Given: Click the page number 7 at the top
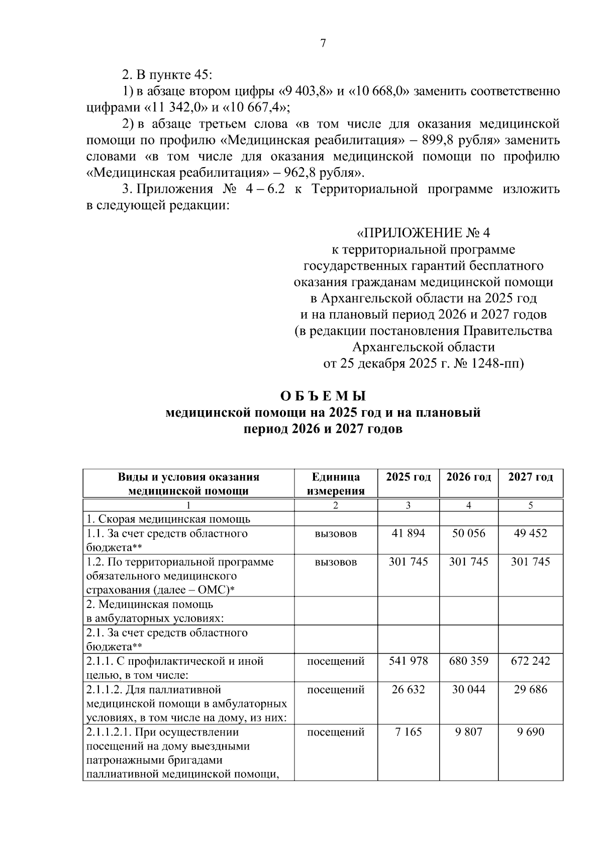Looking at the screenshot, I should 323,44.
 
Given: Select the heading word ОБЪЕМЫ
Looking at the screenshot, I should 323,396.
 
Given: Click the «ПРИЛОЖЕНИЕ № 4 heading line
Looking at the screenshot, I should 423,233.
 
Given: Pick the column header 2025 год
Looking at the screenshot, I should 408,477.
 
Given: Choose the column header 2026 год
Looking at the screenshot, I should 468,477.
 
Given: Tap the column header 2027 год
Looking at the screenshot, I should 530,477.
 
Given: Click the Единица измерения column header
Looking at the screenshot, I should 335,483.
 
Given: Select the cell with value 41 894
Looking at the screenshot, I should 408,533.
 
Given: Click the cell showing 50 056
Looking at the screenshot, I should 468,533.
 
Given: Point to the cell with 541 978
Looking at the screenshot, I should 408,661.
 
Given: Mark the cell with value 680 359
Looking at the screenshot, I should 468,661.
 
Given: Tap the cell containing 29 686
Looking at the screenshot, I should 530,689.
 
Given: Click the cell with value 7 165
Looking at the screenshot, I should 408,732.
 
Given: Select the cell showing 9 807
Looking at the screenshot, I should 468,732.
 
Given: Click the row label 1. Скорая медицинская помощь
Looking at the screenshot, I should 168,519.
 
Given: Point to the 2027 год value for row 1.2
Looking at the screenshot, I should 530,561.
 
